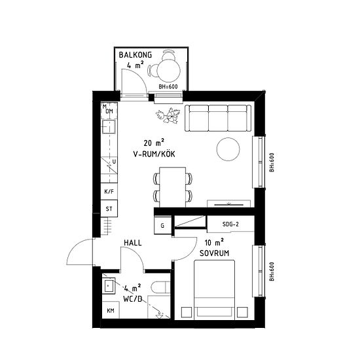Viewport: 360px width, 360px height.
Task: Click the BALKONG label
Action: pos(135,55)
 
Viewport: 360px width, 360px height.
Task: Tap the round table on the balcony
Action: pos(169,69)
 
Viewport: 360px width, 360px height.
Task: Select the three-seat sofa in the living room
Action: pos(218,118)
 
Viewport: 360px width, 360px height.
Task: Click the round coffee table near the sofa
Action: pos(228,149)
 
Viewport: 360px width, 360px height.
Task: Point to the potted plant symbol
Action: pos(168,115)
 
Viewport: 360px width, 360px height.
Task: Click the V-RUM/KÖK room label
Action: pos(154,154)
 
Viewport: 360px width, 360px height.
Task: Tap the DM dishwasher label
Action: pos(109,111)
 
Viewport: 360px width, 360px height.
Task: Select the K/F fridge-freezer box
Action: pos(109,191)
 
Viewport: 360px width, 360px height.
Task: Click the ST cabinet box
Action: pos(109,208)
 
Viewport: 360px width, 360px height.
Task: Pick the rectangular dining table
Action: pos(173,187)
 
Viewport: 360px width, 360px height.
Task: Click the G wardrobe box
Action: pos(162,225)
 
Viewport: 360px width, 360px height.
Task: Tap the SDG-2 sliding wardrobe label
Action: pos(230,224)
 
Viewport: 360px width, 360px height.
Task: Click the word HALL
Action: pos(133,243)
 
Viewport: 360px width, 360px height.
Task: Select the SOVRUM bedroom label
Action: pos(214,253)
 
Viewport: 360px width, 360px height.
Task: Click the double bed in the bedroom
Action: pos(215,290)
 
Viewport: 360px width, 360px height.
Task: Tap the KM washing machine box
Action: pos(111,310)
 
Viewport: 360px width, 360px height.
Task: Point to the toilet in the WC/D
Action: pos(160,287)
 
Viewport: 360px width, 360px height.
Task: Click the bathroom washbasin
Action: pos(109,286)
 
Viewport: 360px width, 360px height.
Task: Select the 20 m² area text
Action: pos(154,143)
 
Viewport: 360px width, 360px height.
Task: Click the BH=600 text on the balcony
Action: pos(168,86)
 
